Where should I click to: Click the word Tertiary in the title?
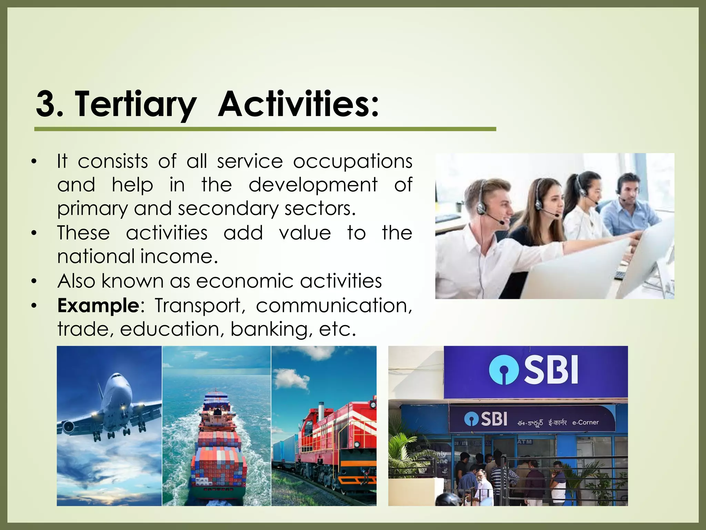(135, 104)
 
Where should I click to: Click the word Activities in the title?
(299, 104)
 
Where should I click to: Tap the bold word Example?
(98, 306)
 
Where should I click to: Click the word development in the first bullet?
(313, 185)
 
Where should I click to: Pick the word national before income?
(96, 257)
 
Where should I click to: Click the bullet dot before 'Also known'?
(33, 282)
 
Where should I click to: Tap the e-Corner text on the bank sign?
(585, 422)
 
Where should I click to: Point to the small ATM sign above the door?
(525, 442)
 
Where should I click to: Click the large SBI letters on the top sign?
(551, 371)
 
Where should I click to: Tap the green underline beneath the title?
(265, 129)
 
